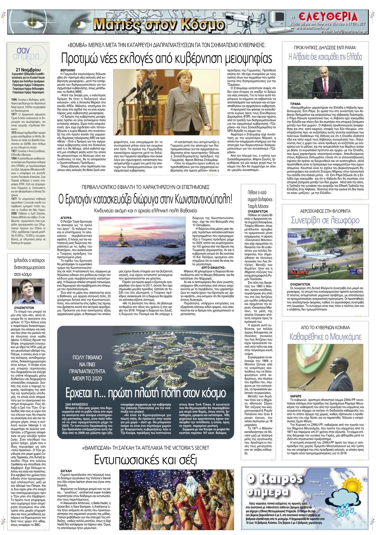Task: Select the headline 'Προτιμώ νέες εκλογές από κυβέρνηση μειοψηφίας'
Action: pos(166,58)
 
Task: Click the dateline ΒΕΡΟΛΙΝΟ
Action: pos(68,70)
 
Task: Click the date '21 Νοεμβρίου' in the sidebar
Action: pos(29,70)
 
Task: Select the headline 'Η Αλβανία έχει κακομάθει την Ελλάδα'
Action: pos(325,57)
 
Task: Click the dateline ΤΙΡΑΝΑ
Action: pos(295,104)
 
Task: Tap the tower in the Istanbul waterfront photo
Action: pos(119,238)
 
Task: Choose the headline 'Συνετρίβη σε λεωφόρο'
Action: pos(325,220)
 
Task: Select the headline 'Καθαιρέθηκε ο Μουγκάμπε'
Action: pos(325,337)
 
